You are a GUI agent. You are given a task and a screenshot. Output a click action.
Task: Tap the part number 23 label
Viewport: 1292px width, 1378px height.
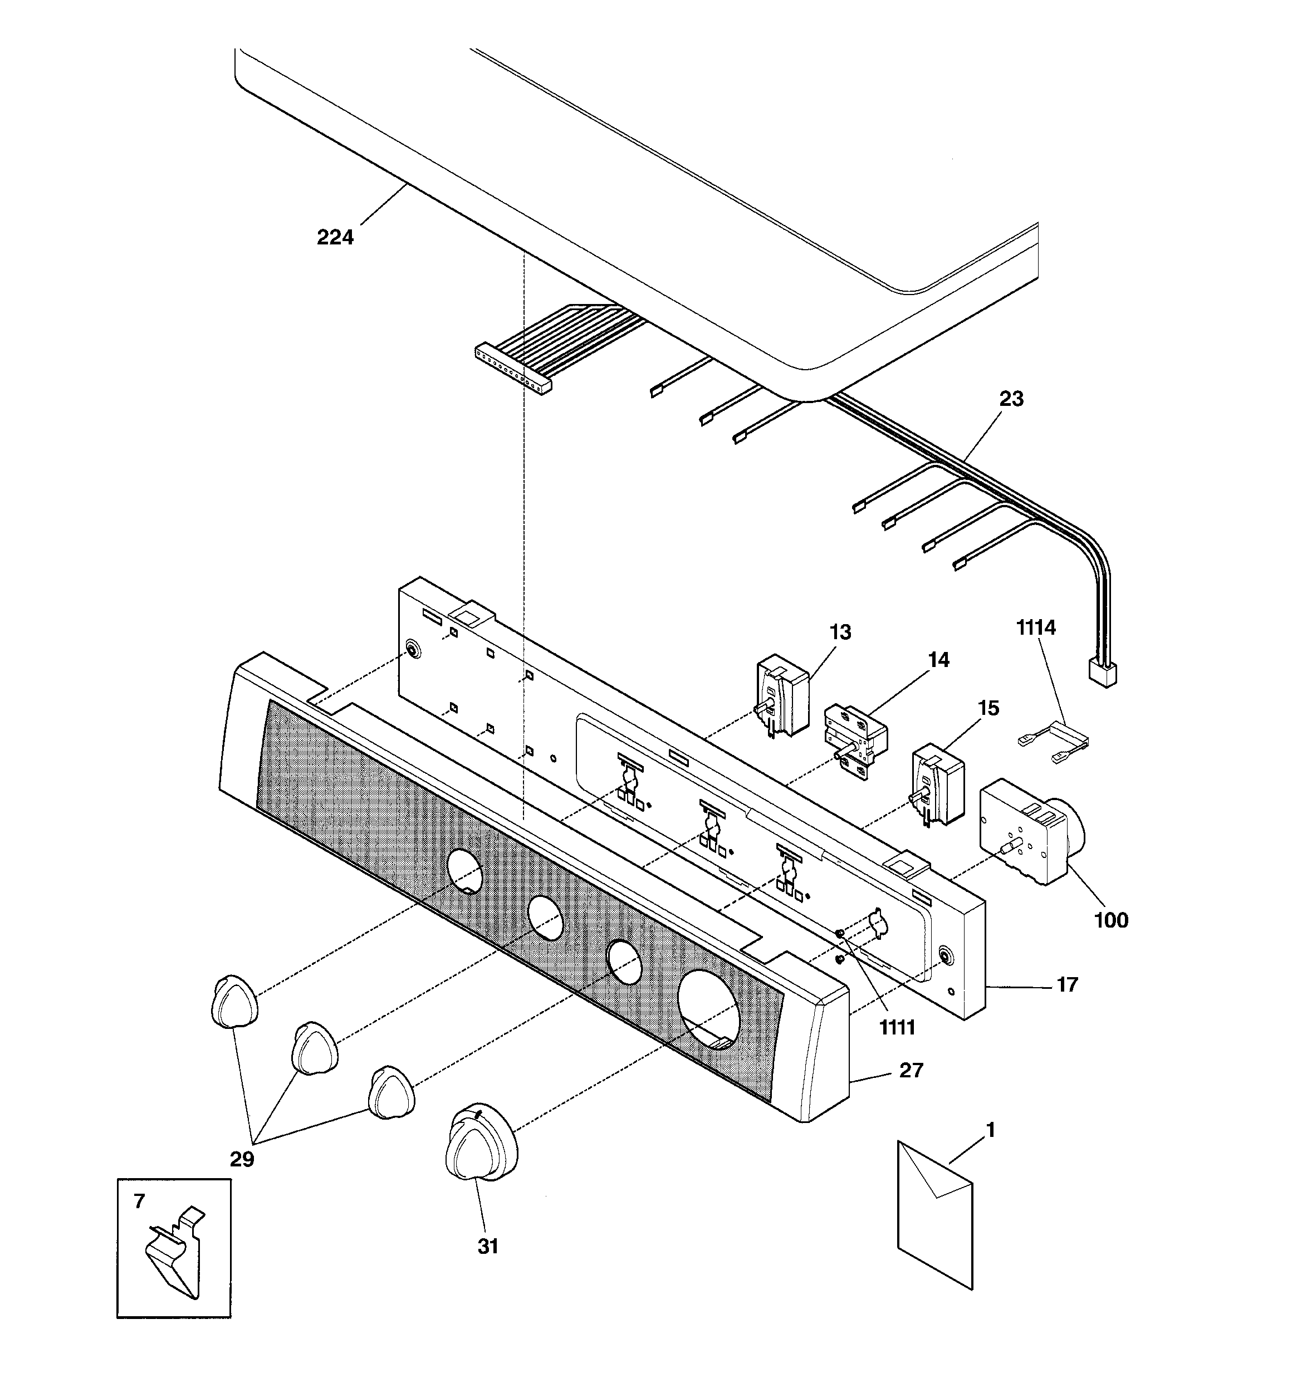pyautogui.click(x=1010, y=399)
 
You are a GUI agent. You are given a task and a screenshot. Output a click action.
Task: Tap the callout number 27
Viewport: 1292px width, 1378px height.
pyautogui.click(x=911, y=1070)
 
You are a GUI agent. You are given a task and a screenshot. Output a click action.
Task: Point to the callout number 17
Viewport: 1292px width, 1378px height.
pyautogui.click(x=1066, y=984)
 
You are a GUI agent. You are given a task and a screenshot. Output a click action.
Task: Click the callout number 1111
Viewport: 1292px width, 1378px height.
pyautogui.click(x=897, y=1027)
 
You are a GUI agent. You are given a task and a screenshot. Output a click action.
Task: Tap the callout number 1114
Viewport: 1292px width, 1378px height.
pyautogui.click(x=1035, y=627)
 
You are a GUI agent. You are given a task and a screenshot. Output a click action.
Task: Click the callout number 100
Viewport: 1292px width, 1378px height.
pyautogui.click(x=1110, y=920)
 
